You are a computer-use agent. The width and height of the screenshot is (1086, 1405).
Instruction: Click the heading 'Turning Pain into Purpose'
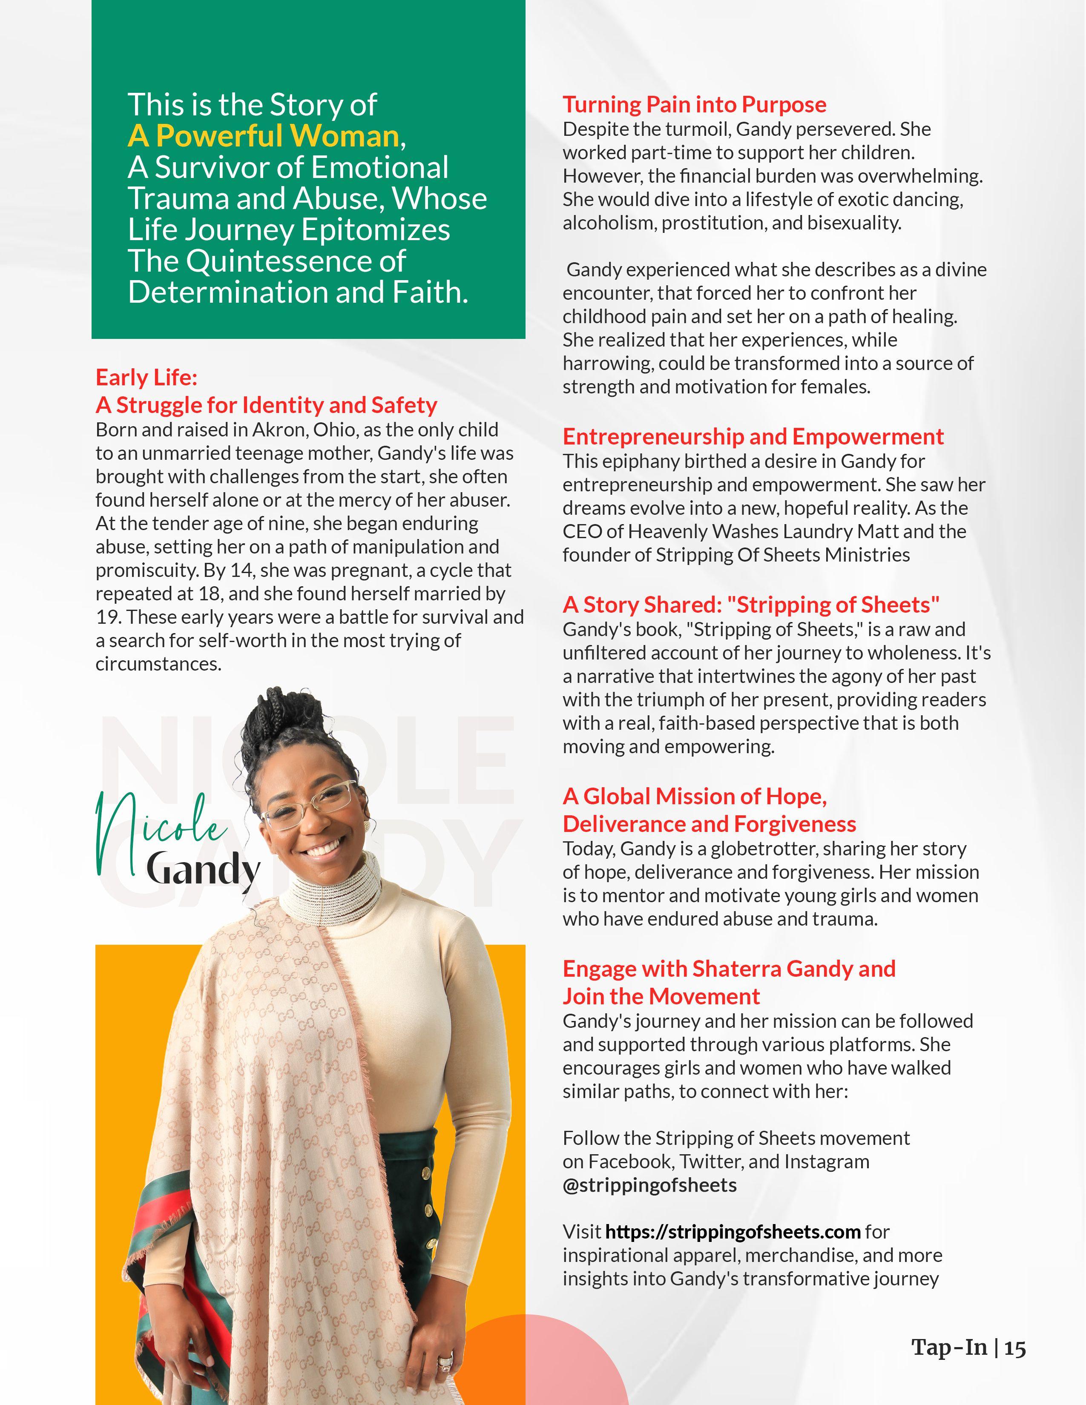tap(694, 104)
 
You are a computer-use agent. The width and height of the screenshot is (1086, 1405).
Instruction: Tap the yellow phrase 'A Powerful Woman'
tap(264, 136)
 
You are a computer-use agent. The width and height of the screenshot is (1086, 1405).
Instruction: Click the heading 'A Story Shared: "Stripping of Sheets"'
tap(751, 604)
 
